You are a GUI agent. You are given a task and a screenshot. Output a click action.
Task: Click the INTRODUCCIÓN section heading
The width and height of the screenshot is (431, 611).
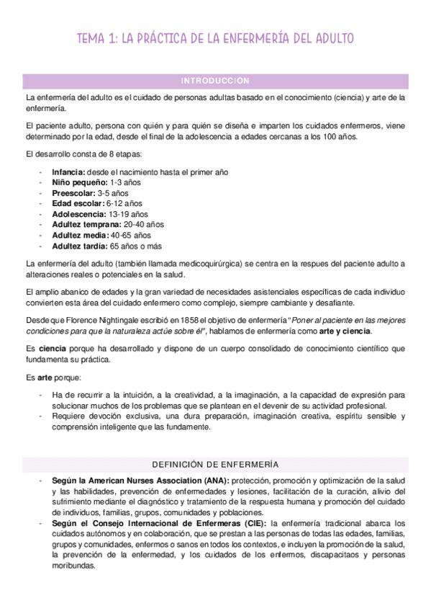click(x=215, y=81)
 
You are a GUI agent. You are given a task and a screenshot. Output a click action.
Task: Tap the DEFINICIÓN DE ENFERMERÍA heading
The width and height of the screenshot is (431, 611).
click(x=215, y=465)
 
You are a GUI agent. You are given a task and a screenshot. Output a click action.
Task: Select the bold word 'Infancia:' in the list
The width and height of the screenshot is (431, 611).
click(x=68, y=173)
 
